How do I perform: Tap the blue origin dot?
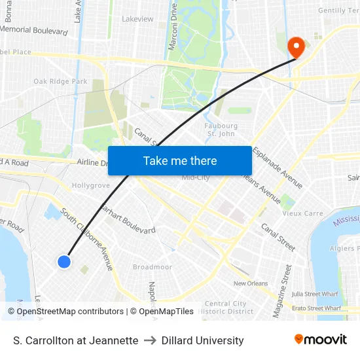click(63, 262)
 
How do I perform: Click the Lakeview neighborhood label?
click(137, 19)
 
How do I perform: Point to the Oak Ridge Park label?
click(60, 82)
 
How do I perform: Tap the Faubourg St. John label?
click(220, 130)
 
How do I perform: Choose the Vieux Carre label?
click(302, 213)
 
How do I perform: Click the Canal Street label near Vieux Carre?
click(278, 236)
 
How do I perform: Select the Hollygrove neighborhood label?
click(90, 186)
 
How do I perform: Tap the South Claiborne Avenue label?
click(88, 238)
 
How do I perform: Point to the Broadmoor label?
click(152, 267)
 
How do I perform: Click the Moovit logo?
click(320, 340)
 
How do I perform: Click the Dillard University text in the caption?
click(202, 340)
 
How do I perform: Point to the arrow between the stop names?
click(150, 340)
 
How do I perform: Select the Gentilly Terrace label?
click(338, 10)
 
